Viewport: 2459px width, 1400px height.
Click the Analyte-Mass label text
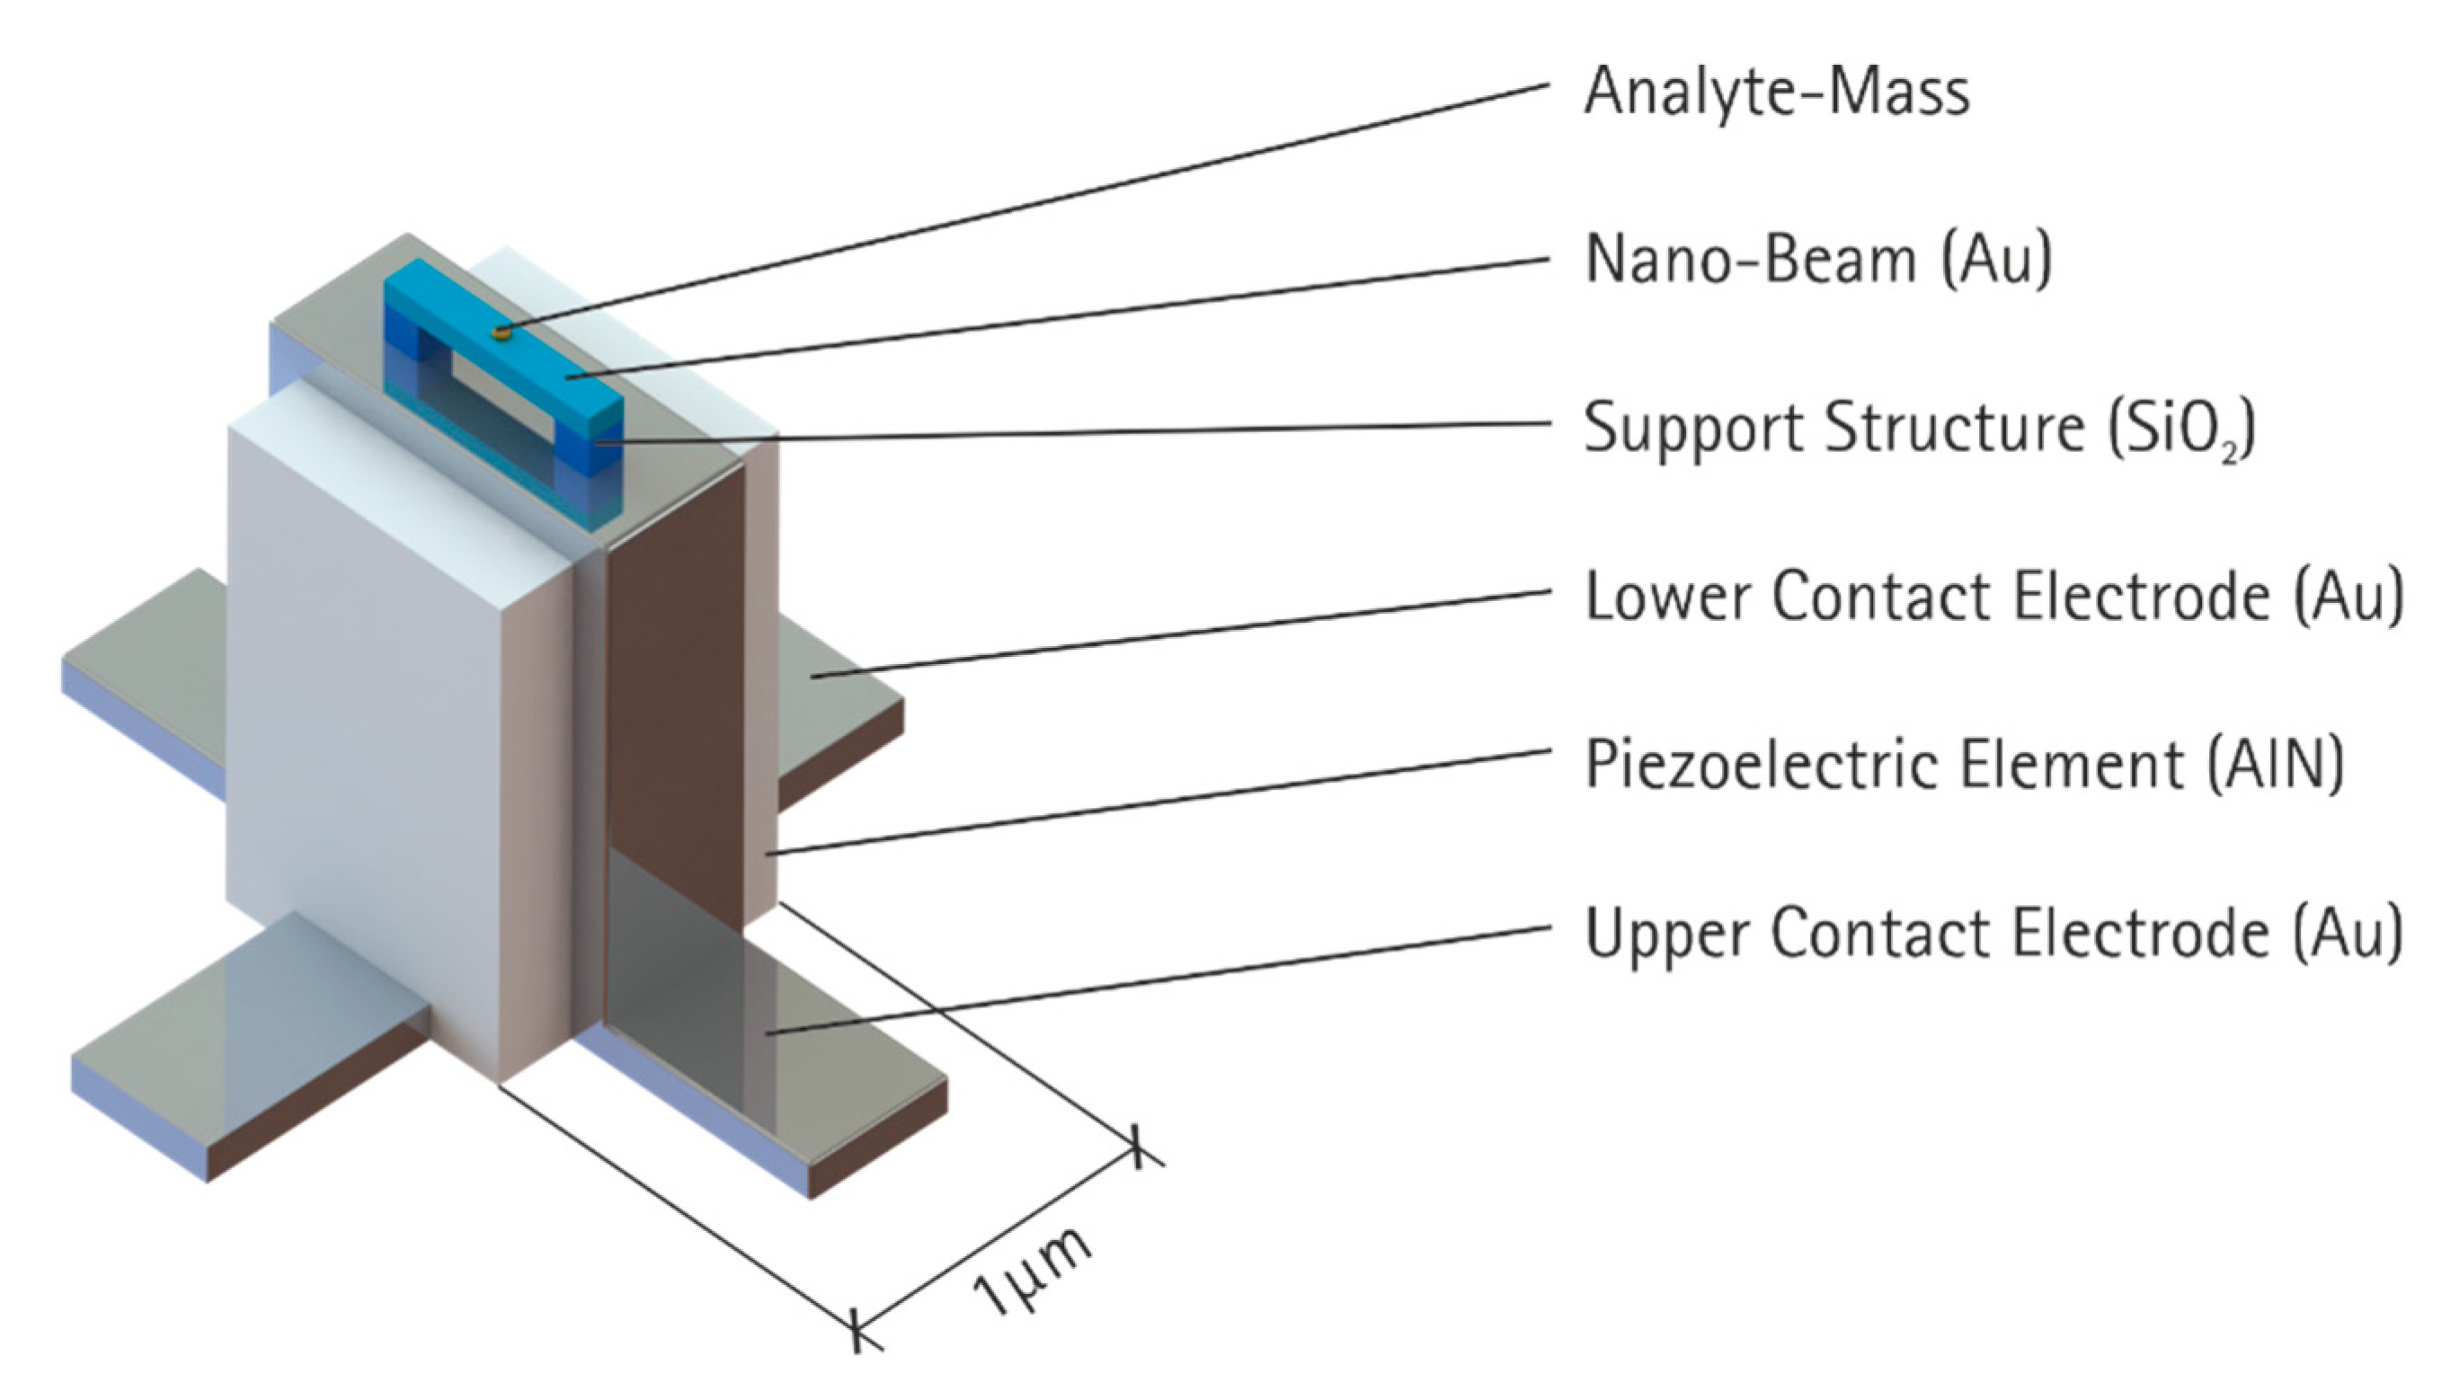click(1776, 92)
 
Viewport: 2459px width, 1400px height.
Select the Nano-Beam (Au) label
click(1817, 260)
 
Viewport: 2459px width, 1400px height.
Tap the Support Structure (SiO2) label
click(1919, 428)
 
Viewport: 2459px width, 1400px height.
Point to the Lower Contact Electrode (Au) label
click(1993, 596)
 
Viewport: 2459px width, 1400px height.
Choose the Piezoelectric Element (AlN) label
click(1964, 765)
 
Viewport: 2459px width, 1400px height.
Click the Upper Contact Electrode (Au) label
click(1993, 933)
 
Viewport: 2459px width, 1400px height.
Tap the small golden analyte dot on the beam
click(500, 332)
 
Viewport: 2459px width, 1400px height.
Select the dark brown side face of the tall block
click(678, 692)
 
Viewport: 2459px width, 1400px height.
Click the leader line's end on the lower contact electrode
click(812, 678)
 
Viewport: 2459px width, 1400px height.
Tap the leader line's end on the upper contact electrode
click(769, 1032)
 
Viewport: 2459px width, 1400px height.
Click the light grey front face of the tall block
click(366, 750)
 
